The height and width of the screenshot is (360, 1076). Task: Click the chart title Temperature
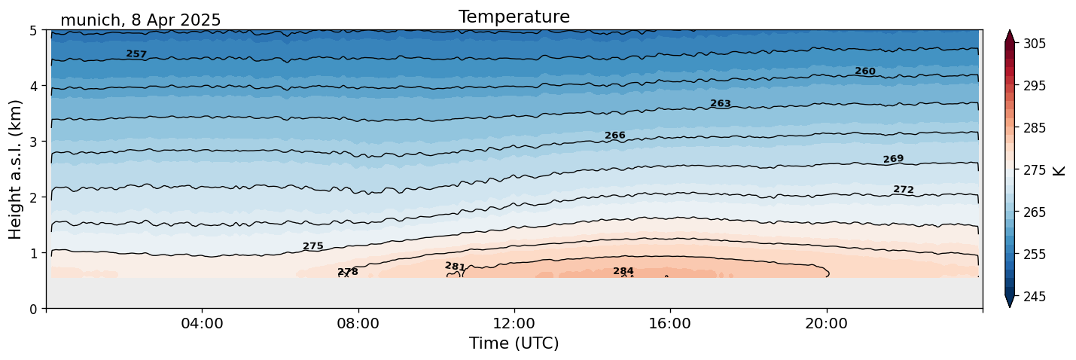(514, 17)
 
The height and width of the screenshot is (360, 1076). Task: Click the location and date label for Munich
(140, 20)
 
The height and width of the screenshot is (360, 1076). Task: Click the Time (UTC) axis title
(514, 343)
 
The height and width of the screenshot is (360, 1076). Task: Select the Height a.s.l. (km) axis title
(17, 169)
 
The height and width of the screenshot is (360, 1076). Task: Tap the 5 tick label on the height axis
(34, 31)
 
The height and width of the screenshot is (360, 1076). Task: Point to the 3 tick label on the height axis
(34, 142)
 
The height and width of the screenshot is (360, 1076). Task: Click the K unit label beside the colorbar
(1059, 170)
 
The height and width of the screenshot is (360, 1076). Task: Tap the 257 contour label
(136, 54)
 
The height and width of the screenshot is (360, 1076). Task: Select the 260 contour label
(865, 72)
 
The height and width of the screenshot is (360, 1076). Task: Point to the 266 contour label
(615, 136)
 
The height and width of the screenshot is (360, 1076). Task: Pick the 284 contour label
(623, 271)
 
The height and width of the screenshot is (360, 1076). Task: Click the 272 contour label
(904, 190)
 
